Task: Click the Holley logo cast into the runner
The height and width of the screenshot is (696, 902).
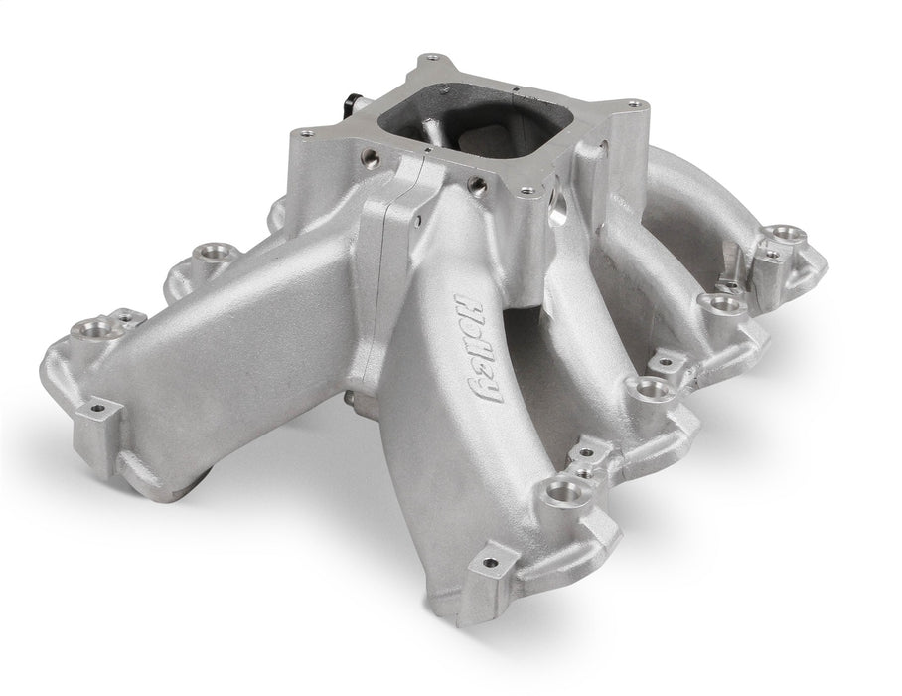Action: point(478,348)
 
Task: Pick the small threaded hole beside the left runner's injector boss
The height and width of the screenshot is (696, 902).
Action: point(126,317)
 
